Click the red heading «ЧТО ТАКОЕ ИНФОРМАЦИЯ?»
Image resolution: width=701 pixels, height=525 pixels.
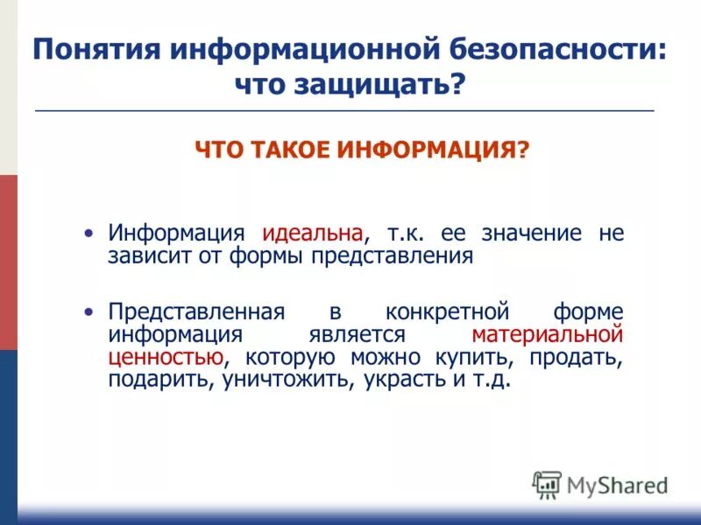(362, 150)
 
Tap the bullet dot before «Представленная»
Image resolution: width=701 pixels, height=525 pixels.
(88, 312)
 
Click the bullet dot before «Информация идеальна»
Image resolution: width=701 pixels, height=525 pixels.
(88, 234)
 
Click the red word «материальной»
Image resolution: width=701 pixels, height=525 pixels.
(547, 335)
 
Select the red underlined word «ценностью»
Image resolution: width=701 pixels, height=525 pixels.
(164, 358)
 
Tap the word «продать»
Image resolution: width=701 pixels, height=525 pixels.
(579, 358)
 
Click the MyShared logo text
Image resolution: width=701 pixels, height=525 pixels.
(618, 485)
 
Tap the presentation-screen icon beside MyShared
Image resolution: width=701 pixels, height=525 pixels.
(547, 485)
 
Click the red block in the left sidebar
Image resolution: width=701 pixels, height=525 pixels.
(8, 262)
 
